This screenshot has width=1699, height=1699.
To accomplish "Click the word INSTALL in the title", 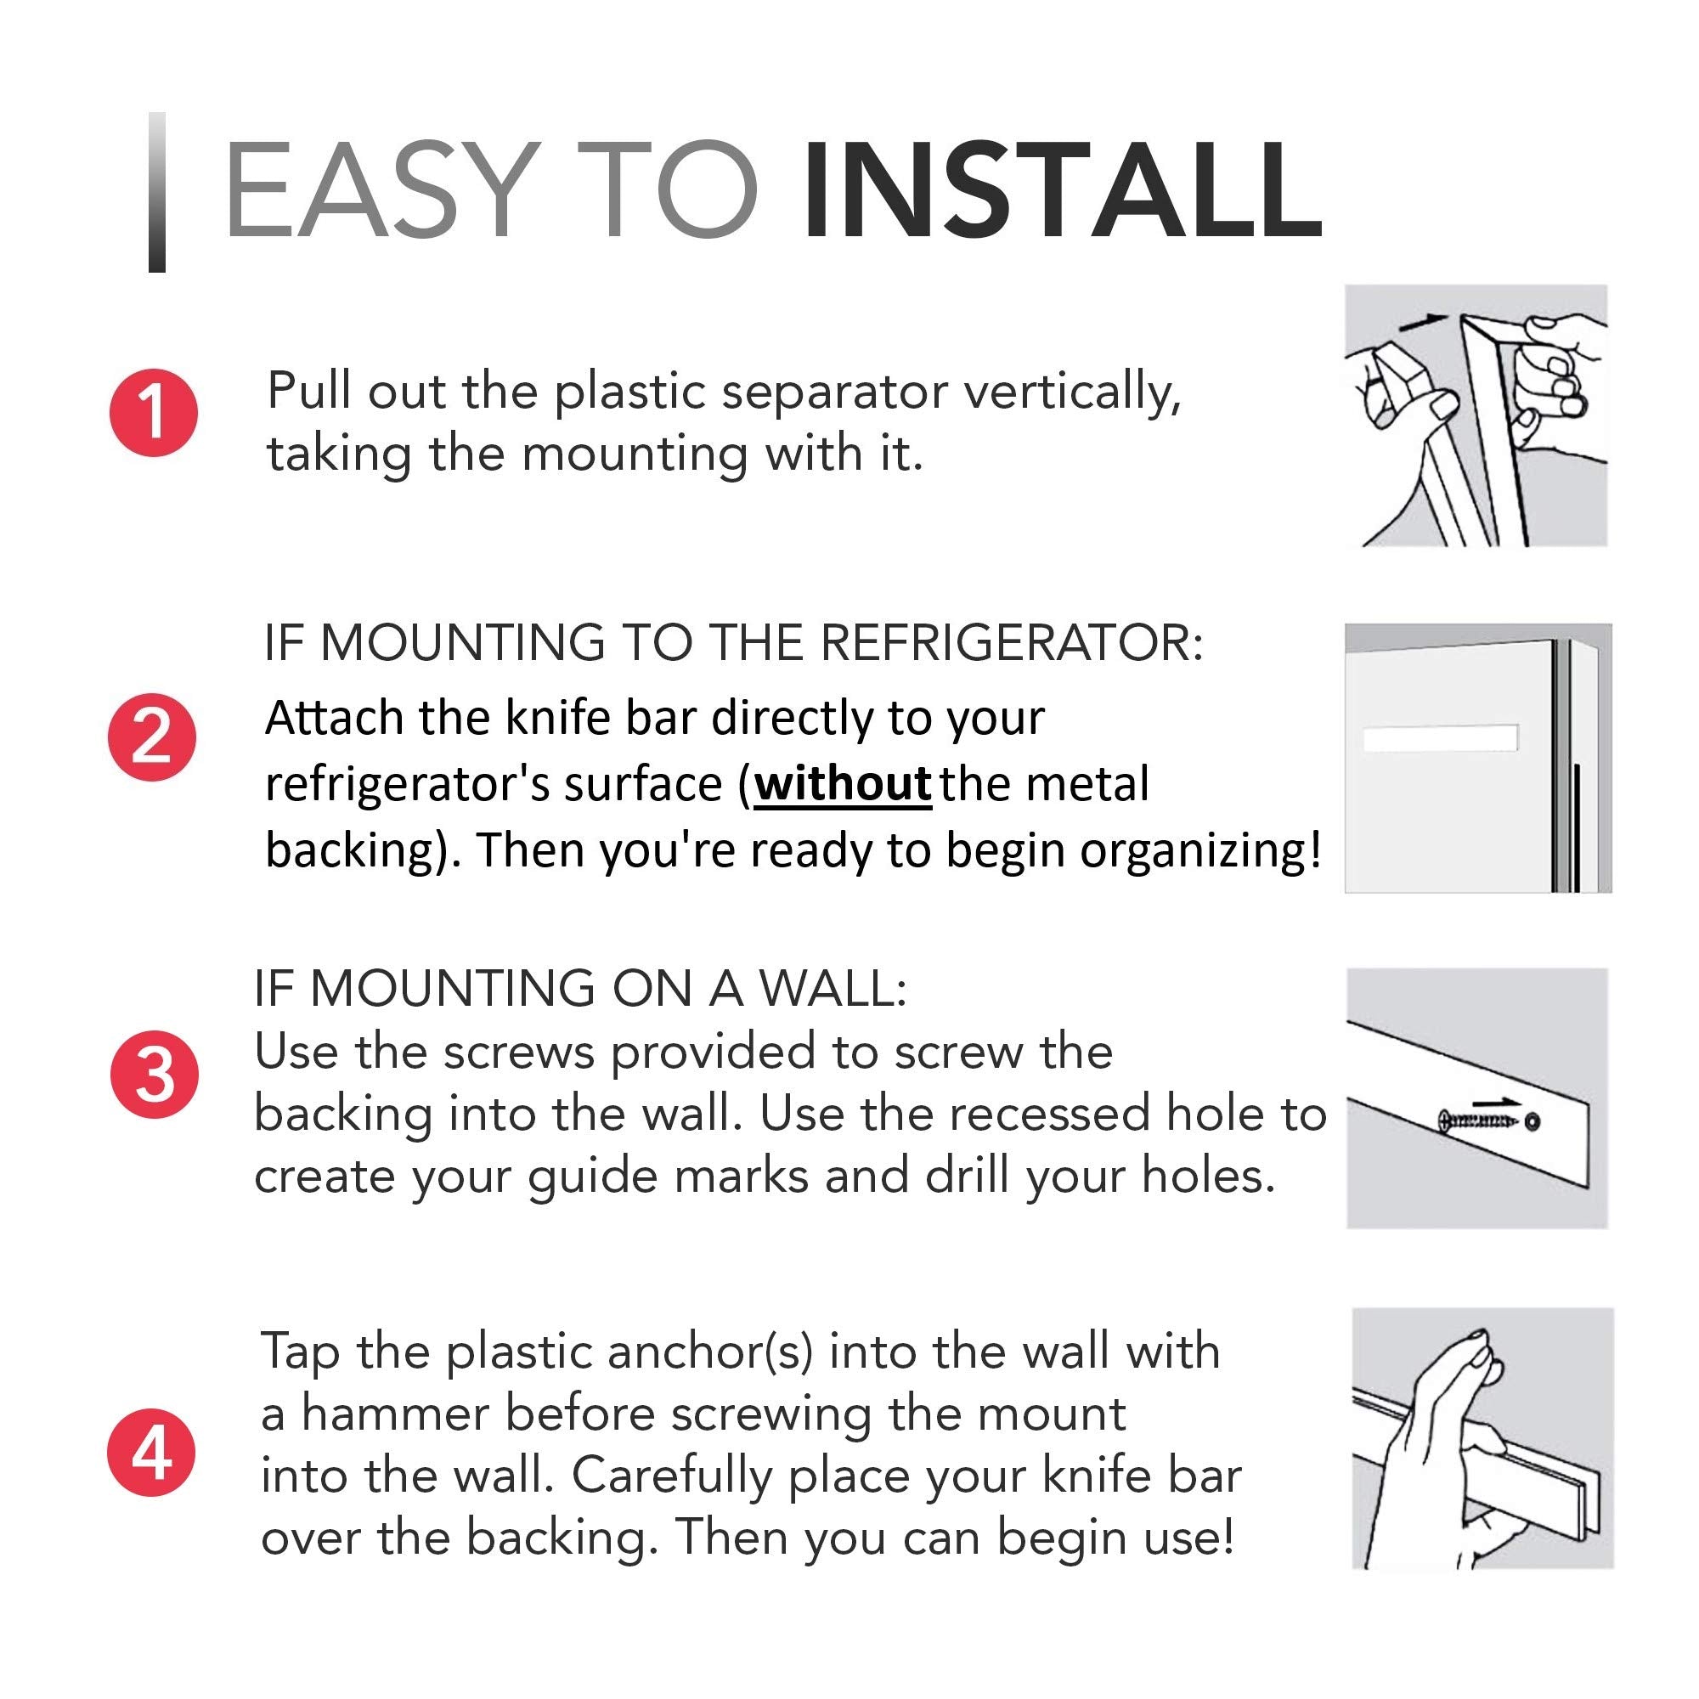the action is [1064, 190].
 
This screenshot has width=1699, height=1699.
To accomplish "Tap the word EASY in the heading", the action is [381, 190].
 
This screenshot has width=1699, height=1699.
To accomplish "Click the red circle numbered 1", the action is [153, 413].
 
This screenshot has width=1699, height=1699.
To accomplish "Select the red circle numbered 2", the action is [152, 737].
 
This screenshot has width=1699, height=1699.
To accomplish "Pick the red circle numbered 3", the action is [155, 1075].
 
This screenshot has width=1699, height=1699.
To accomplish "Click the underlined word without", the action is [843, 783].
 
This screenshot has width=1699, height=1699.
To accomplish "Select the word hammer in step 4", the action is [395, 1414].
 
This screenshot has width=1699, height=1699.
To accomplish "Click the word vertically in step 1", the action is [1073, 392].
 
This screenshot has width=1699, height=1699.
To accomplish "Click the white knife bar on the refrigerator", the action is [1441, 738].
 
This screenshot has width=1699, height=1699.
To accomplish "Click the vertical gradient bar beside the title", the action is [157, 192].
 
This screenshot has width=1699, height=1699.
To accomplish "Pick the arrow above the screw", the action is [1497, 1101].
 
